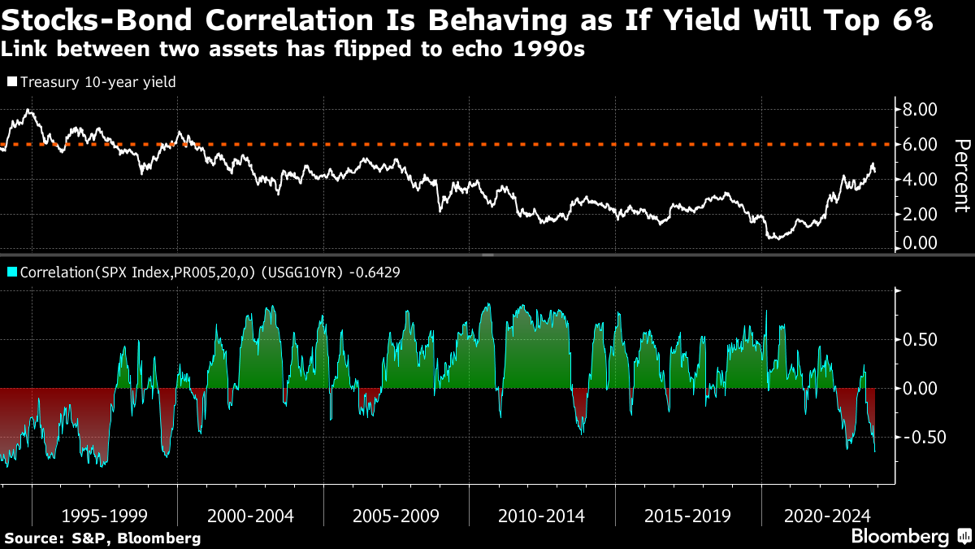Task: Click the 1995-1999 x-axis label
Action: point(105,516)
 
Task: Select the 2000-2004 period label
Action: point(250,516)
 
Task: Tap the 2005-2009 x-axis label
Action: point(396,516)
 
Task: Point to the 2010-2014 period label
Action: point(542,516)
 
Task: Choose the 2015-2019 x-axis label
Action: point(687,516)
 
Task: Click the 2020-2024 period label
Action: point(828,516)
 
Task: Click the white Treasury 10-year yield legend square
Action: point(11,82)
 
